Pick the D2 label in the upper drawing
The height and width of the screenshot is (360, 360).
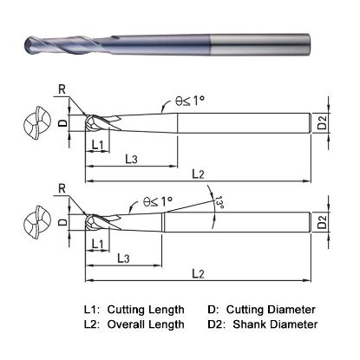point(323,125)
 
